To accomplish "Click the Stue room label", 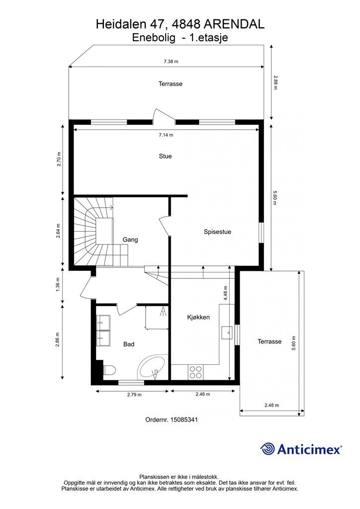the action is tap(165, 156).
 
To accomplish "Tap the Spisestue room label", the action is tap(217, 232).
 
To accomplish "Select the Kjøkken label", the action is tap(198, 317).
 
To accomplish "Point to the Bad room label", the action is tap(129, 344).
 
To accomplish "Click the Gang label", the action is tap(130, 240).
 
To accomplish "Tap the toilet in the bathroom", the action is tap(109, 370).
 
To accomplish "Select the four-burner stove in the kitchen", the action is tap(196, 372).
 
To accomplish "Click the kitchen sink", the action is tap(227, 333).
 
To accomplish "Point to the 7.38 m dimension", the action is tap(171, 61).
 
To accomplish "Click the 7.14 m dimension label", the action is tap(166, 135).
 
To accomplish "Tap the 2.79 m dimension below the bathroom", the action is tap(134, 395).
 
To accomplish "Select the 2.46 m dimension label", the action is tap(202, 394).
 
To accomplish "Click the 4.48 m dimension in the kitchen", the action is tap(226, 293).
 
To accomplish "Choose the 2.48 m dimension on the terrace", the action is tap(271, 405).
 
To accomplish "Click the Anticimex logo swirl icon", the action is tap(268, 449).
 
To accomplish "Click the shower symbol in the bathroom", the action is tap(163, 312).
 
